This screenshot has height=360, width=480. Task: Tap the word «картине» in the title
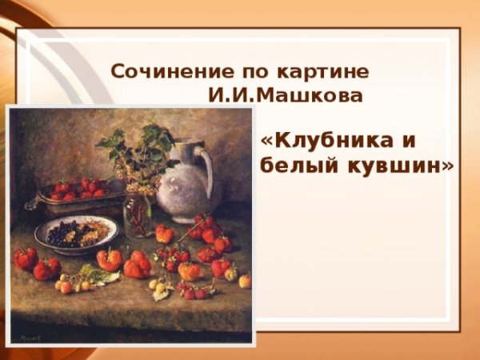point(334,70)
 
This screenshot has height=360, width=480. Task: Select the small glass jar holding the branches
point(138,214)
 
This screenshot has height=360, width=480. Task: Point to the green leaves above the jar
point(136,148)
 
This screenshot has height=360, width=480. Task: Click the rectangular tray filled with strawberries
point(76,196)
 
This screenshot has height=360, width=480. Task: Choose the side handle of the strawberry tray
point(33,203)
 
